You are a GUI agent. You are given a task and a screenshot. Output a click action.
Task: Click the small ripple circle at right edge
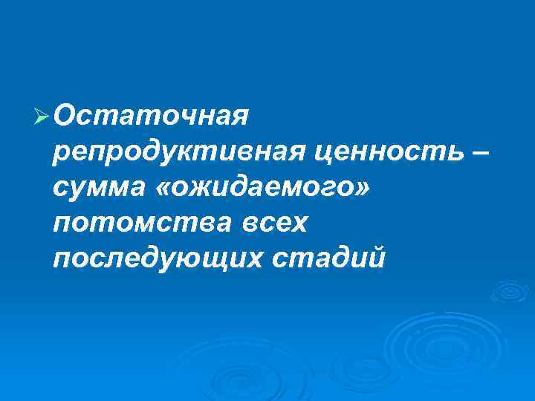pos(509,291)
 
